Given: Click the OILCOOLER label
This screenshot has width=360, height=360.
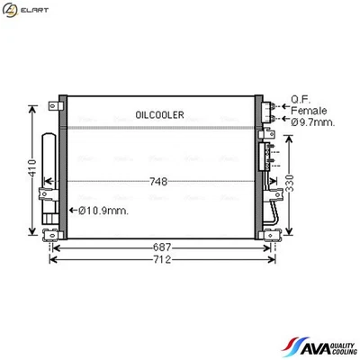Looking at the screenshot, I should pyautogui.click(x=159, y=115).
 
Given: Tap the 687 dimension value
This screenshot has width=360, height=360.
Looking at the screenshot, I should pyautogui.click(x=160, y=246).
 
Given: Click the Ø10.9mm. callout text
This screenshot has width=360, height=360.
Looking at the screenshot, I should pyautogui.click(x=103, y=211).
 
